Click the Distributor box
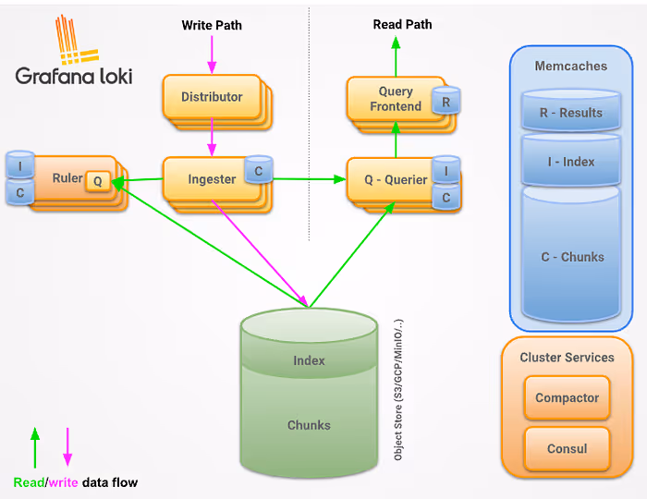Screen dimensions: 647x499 [x=212, y=97]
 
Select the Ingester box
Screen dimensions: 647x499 [x=212, y=179]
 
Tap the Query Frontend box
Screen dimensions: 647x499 [x=396, y=99]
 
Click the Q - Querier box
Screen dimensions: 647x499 [x=396, y=180]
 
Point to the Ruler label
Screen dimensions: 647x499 [x=67, y=178]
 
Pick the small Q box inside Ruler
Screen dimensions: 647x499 [x=98, y=181]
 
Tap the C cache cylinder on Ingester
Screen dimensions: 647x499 [x=258, y=169]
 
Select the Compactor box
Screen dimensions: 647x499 [x=567, y=397]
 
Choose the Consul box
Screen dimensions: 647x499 [x=567, y=449]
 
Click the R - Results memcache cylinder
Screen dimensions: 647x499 [x=571, y=111]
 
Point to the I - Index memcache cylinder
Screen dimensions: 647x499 [x=571, y=160]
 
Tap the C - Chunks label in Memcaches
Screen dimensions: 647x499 [x=572, y=257]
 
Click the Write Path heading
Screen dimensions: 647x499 [x=212, y=25]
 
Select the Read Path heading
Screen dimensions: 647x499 [x=402, y=24]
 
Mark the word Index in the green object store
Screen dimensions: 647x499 [x=309, y=360]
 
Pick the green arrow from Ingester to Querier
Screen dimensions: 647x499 [x=310, y=179]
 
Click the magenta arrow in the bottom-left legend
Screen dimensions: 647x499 [x=67, y=447]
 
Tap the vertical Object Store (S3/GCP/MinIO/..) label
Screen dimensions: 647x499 [x=398, y=390]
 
